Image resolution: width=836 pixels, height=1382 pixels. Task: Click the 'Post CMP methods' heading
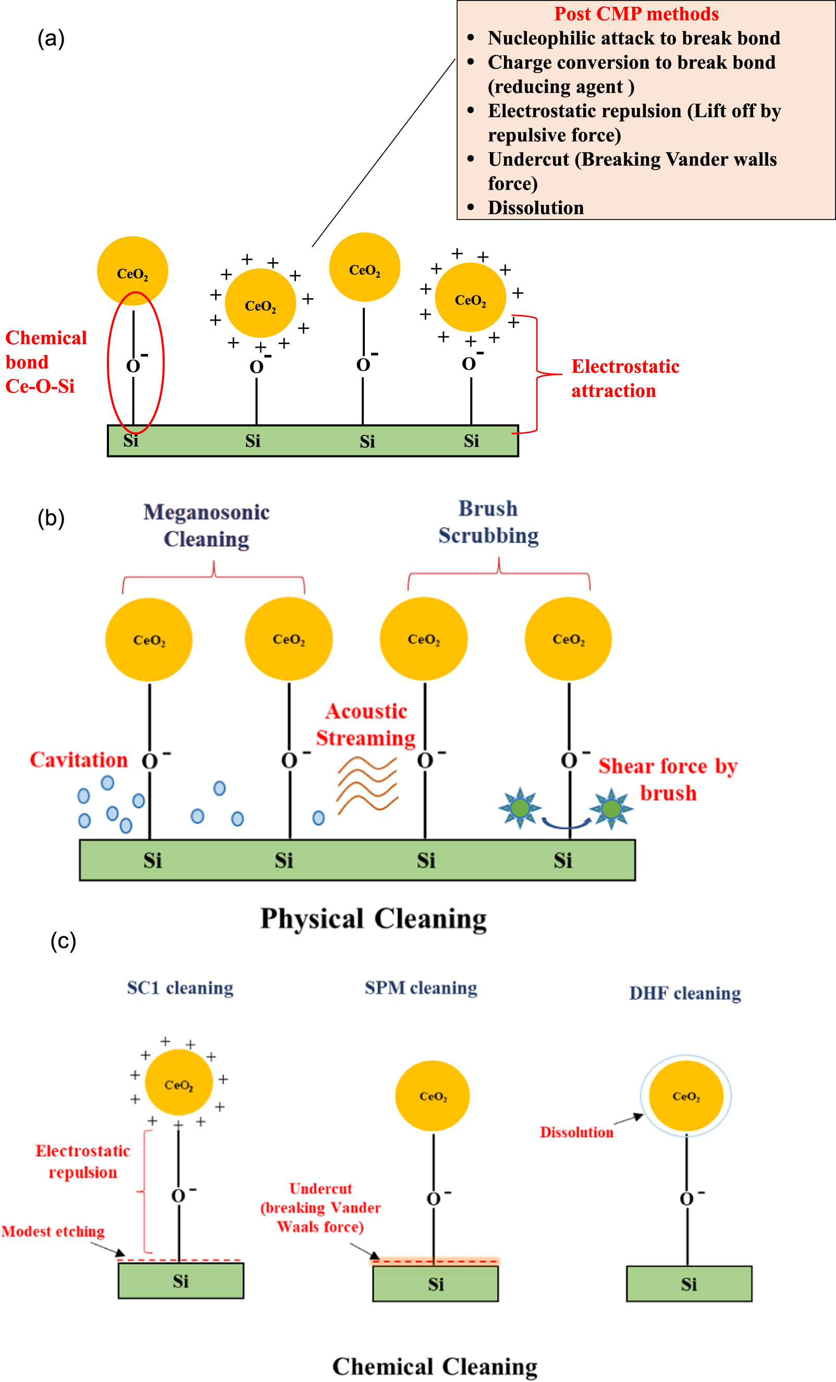point(636,14)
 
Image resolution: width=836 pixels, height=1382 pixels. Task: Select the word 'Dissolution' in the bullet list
point(535,207)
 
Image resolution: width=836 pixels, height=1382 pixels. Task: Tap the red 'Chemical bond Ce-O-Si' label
point(45,362)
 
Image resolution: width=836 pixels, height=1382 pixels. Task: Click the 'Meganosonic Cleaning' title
point(206,525)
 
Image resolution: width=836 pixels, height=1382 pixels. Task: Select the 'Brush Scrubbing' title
point(488,522)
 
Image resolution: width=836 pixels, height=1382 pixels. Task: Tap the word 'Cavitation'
point(79,760)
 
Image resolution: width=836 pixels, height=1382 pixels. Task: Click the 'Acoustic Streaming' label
point(365,724)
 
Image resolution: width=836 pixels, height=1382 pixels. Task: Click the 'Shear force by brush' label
point(667,779)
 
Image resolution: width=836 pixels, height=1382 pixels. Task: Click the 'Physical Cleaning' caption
point(373,919)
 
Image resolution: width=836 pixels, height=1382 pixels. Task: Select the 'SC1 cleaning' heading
point(180,988)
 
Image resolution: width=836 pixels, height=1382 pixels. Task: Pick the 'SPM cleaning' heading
point(421,988)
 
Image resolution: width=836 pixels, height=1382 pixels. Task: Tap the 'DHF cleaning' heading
point(685,993)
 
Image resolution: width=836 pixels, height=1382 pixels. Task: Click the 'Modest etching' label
point(53,1231)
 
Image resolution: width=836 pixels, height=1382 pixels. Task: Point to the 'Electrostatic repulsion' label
point(82,1161)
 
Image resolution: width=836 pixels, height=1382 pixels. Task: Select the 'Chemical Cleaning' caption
point(435,1366)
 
